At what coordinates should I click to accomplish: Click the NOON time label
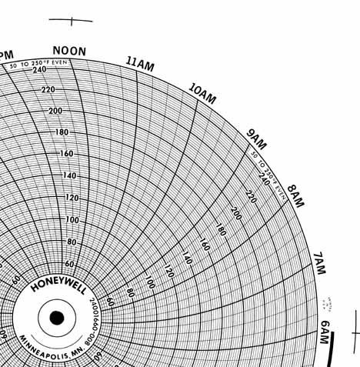coord(69,52)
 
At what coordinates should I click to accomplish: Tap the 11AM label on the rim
coord(140,64)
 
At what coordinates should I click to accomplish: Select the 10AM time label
coord(202,94)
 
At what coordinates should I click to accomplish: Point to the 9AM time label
coord(256,139)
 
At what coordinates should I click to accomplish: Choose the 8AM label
coord(295,196)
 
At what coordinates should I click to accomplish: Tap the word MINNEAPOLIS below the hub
coord(46,345)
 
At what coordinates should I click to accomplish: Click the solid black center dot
coord(57,318)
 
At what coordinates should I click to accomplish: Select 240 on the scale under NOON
coord(39,70)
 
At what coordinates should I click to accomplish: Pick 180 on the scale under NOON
coord(62,132)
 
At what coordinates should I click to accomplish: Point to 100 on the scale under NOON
coord(72,220)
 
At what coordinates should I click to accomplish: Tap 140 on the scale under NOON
coord(70,176)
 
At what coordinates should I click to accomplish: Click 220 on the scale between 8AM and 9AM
coord(250,197)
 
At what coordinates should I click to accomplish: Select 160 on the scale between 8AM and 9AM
coord(204,244)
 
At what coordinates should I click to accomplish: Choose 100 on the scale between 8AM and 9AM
coord(150,284)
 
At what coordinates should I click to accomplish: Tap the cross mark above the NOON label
coord(71,21)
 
